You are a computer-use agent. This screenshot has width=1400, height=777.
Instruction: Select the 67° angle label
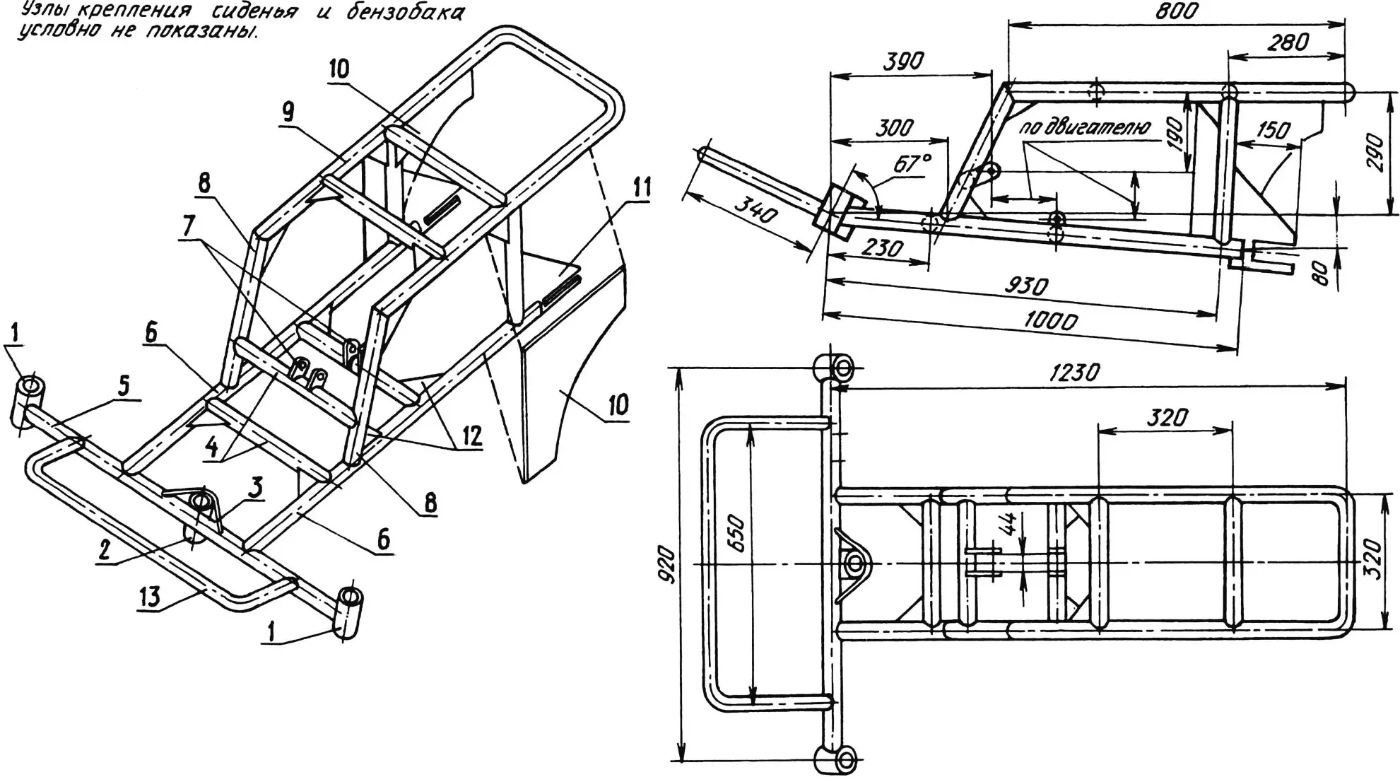coord(911,164)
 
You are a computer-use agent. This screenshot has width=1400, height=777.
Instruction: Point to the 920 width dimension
coord(669,566)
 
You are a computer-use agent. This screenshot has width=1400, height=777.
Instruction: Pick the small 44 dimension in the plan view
coord(1011,524)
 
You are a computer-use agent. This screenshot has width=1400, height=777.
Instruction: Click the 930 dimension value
coord(1026,286)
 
